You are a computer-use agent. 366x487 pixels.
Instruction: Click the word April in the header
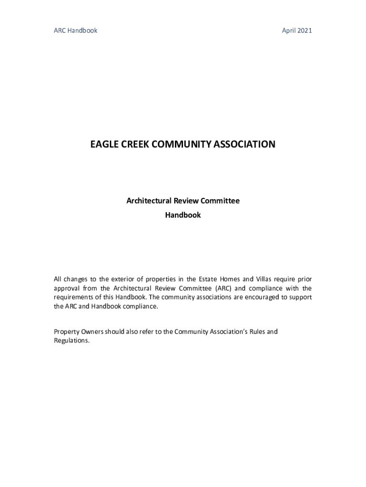pyautogui.click(x=289, y=30)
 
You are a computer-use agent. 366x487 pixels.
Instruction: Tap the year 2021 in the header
pyautogui.click(x=305, y=30)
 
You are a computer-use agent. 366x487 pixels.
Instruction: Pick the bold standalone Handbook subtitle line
pyautogui.click(x=183, y=215)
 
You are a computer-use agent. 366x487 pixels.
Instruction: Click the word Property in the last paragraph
pyautogui.click(x=66, y=331)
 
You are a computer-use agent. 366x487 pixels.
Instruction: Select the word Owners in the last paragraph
pyautogui.click(x=92, y=331)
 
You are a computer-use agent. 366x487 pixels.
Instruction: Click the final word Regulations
pyautogui.click(x=71, y=341)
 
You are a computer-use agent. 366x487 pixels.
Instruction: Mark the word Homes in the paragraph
pyautogui.click(x=230, y=279)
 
